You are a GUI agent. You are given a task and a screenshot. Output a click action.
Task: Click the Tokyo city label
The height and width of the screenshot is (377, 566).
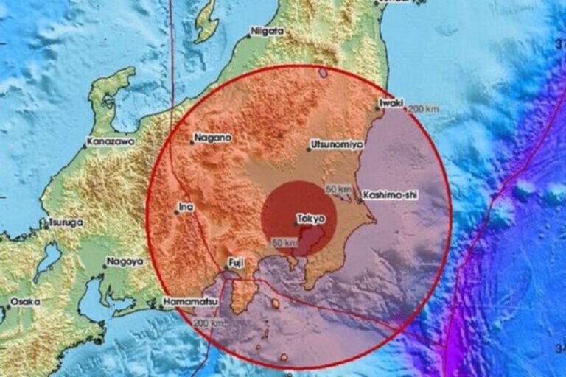coord(310,218)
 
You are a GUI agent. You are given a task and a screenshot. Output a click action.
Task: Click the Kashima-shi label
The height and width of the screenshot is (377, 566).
coord(390,195)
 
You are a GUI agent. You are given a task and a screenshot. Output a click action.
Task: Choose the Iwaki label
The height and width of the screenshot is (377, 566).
coord(391,103)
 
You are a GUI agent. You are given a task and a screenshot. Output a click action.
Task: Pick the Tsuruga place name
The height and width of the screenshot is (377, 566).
coord(66,222)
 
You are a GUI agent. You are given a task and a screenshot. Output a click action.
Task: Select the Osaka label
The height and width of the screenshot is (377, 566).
coord(26,301)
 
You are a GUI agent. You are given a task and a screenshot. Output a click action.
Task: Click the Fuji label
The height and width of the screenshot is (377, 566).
coord(234,261)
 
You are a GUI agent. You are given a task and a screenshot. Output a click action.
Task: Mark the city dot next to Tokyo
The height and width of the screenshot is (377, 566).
coord(296,223)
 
